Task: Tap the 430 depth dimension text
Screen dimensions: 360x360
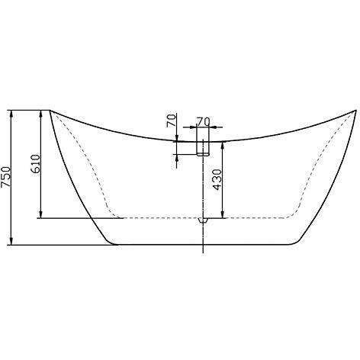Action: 217,178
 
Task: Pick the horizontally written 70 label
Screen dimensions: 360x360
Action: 203,121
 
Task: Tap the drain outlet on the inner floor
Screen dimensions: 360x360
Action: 202,219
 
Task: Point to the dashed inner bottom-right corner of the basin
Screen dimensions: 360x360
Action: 295,213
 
